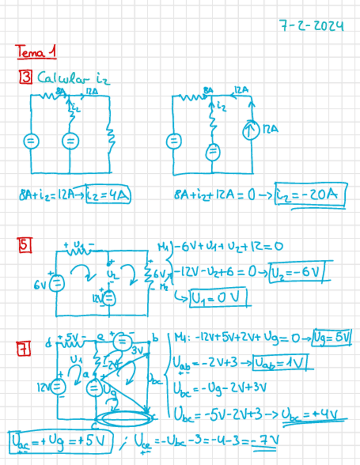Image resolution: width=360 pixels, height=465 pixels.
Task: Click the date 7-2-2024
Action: pos(311,26)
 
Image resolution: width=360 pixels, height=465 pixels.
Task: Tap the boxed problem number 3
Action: pos(26,78)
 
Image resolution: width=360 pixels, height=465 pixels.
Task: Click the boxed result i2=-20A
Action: pos(310,195)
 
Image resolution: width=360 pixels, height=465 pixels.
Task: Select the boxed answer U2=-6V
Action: pos(297,273)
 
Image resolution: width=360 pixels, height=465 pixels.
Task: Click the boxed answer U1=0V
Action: pos(220,299)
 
